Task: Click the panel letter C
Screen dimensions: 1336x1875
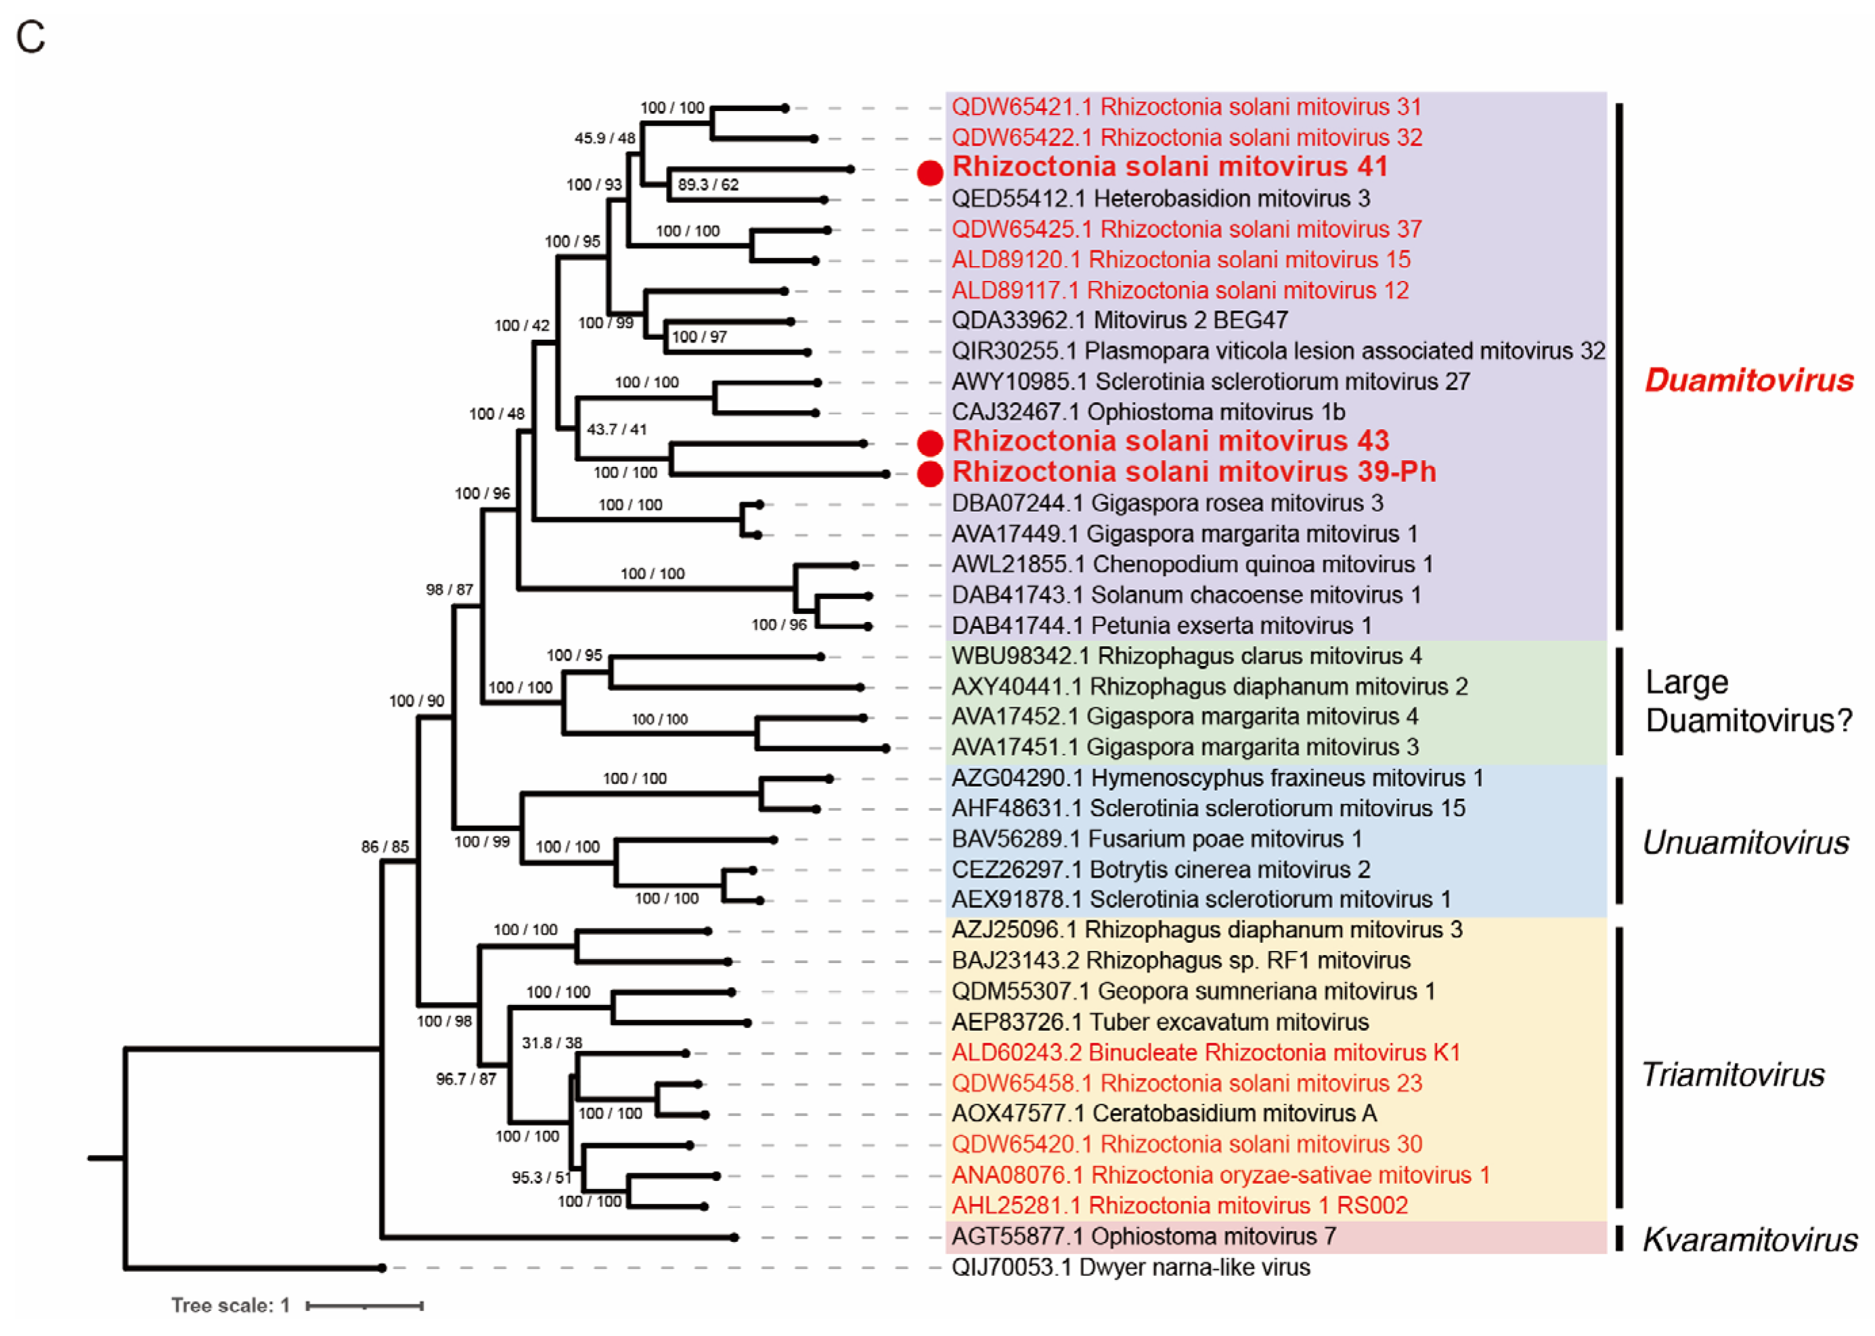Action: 31,37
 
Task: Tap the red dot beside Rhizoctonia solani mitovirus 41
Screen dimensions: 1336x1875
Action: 929,173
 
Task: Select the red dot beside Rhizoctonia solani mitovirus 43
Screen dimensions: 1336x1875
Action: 929,443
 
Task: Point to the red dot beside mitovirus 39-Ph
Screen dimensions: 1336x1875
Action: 929,474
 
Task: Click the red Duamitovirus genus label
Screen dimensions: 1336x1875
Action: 1748,380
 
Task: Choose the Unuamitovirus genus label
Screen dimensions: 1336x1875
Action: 1745,843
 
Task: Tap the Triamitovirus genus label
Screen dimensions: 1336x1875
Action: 1733,1074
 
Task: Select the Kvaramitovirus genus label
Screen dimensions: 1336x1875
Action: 1750,1240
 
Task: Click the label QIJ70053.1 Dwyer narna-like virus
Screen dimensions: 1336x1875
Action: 1130,1267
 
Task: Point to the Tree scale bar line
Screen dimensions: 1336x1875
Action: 364,1306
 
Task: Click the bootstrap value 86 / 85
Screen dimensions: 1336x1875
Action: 385,847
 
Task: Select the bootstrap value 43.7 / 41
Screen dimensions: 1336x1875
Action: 616,429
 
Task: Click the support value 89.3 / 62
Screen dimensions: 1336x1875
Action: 707,184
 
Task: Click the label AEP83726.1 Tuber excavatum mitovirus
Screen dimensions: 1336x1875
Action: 1160,1022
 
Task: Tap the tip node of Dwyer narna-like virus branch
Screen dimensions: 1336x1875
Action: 382,1268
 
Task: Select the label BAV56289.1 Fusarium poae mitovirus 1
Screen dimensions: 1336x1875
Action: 1157,839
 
